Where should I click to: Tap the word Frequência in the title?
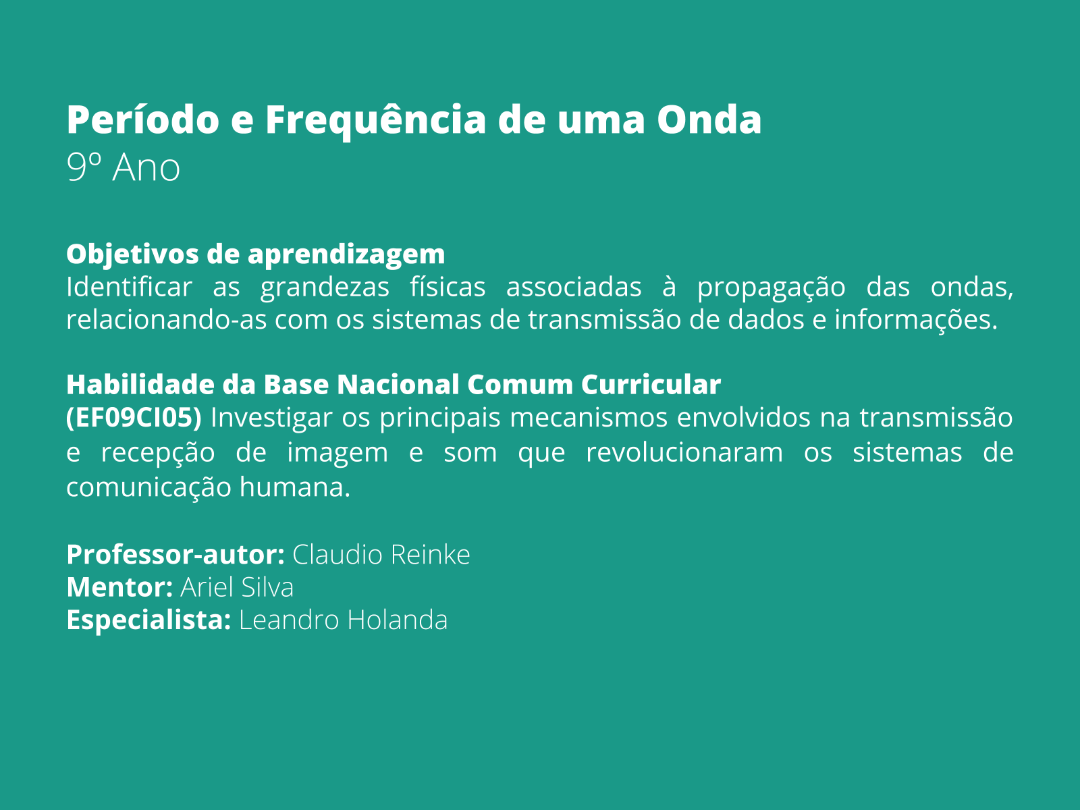[375, 120]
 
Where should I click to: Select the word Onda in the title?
[709, 120]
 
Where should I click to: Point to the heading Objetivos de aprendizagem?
[256, 254]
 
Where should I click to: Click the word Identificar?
[129, 288]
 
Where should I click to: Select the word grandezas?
[325, 288]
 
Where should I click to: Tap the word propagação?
[771, 288]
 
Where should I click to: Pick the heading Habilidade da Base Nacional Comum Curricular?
[394, 385]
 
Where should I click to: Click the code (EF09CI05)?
[134, 418]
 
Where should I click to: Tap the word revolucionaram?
[684, 452]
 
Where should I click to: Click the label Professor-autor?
[175, 555]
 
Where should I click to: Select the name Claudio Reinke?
[381, 555]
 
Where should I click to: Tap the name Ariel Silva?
[237, 587]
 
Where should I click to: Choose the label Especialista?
[148, 620]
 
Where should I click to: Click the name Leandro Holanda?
[343, 620]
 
